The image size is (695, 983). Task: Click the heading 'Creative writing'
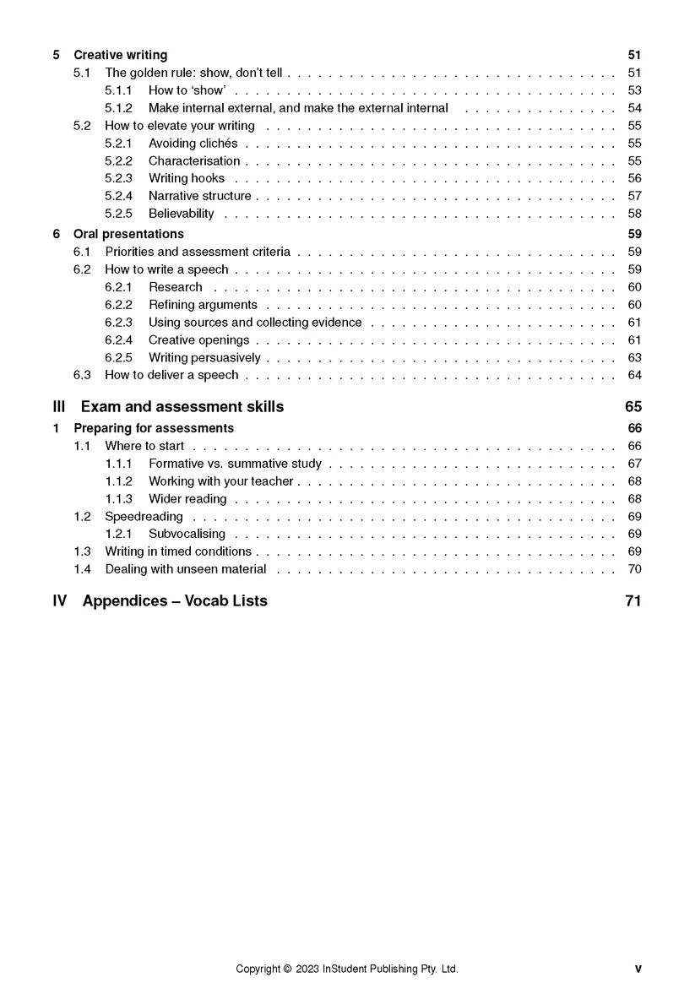pyautogui.click(x=120, y=55)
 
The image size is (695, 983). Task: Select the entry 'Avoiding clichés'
pyautogui.click(x=193, y=144)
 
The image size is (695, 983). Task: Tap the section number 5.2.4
pyautogui.click(x=118, y=196)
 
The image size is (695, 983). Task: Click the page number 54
pyautogui.click(x=634, y=108)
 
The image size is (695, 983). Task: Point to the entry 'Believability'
pyautogui.click(x=181, y=214)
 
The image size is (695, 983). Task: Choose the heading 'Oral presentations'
pyautogui.click(x=128, y=234)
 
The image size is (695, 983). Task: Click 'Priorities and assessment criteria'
pyautogui.click(x=197, y=252)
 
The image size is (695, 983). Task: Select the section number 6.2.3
pyautogui.click(x=118, y=323)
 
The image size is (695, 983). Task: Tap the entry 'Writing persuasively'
pyautogui.click(x=204, y=358)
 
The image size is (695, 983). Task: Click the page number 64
pyautogui.click(x=634, y=375)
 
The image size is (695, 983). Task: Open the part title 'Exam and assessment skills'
pyautogui.click(x=182, y=407)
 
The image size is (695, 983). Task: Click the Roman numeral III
pyautogui.click(x=59, y=407)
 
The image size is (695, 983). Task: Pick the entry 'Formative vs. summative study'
pyautogui.click(x=235, y=464)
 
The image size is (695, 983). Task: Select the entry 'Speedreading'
pyautogui.click(x=144, y=517)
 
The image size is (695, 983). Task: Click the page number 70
pyautogui.click(x=634, y=569)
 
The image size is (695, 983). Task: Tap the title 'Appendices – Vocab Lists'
pyautogui.click(x=175, y=601)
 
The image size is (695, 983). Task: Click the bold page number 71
pyautogui.click(x=633, y=601)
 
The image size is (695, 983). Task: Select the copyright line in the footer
pyautogui.click(x=346, y=969)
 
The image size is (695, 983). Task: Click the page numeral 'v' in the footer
pyautogui.click(x=638, y=969)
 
